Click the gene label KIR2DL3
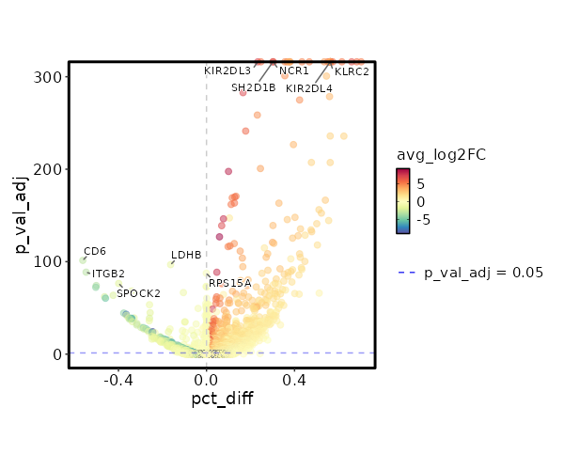[x=227, y=70]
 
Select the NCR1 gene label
[x=293, y=70]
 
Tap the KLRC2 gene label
[x=352, y=70]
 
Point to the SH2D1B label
[x=254, y=88]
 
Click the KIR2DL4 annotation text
[x=309, y=88]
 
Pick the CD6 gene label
[x=95, y=251]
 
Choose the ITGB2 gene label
[x=108, y=274]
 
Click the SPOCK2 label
[x=138, y=293]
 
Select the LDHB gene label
[x=186, y=255]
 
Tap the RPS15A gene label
[x=230, y=283]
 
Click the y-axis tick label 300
[x=50, y=76]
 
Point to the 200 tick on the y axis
[x=50, y=169]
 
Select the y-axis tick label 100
[x=50, y=261]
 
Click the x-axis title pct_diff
[x=222, y=399]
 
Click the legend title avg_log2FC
[x=441, y=154]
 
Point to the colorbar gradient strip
[x=402, y=200]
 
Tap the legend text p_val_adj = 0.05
[x=484, y=273]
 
